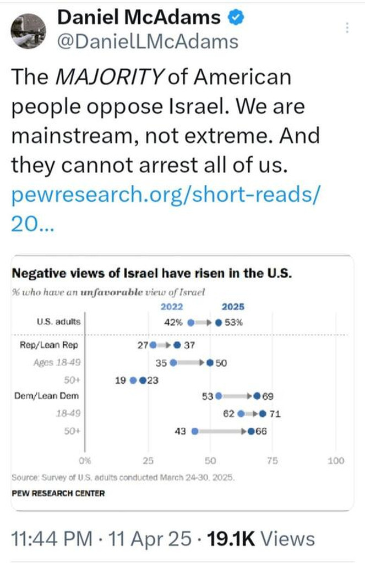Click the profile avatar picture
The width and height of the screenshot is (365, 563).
pyautogui.click(x=28, y=30)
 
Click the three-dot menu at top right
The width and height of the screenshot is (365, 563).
pyautogui.click(x=347, y=28)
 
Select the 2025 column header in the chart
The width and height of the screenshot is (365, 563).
pyautogui.click(x=233, y=307)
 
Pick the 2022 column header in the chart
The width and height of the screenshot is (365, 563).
pyautogui.click(x=172, y=307)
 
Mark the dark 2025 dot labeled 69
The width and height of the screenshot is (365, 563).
pyautogui.click(x=257, y=396)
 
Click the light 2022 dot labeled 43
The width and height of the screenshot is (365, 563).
pyautogui.click(x=194, y=432)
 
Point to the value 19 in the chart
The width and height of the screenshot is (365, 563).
pyautogui.click(x=119, y=380)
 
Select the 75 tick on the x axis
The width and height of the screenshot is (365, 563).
pyautogui.click(x=273, y=461)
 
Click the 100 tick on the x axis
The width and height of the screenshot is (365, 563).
pyautogui.click(x=335, y=461)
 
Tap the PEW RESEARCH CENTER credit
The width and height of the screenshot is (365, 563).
pyautogui.click(x=58, y=493)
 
